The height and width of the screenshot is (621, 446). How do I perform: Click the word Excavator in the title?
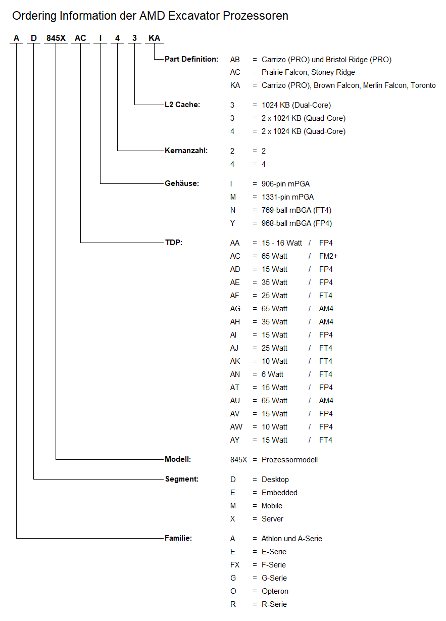(x=194, y=16)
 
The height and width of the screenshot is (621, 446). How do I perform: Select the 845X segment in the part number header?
(x=56, y=38)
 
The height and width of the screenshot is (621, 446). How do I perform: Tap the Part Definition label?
(x=191, y=59)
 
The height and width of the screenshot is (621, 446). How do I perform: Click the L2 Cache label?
(x=182, y=105)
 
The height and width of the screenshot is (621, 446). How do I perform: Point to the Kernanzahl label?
(x=186, y=151)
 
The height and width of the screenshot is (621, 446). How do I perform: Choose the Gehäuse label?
(x=182, y=183)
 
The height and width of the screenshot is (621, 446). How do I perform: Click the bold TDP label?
(x=174, y=243)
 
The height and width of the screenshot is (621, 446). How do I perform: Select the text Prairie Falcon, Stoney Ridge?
(x=308, y=72)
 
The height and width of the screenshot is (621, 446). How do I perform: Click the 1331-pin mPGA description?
(x=287, y=197)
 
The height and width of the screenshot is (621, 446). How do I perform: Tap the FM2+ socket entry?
(x=328, y=256)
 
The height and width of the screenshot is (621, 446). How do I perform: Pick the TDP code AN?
(x=235, y=374)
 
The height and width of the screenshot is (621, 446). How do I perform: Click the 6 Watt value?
(x=272, y=374)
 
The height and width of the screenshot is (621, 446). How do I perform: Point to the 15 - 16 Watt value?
(x=282, y=243)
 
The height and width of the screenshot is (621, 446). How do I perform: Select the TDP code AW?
(x=236, y=427)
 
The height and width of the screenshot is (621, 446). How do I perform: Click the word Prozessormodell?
(x=289, y=460)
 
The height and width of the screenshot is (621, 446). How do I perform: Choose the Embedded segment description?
(x=279, y=493)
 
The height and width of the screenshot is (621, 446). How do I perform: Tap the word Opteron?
(x=275, y=591)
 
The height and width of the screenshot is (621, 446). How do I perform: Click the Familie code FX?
(x=235, y=565)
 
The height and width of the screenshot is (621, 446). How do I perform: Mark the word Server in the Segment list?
(x=272, y=519)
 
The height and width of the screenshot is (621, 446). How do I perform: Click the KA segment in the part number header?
(x=154, y=38)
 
